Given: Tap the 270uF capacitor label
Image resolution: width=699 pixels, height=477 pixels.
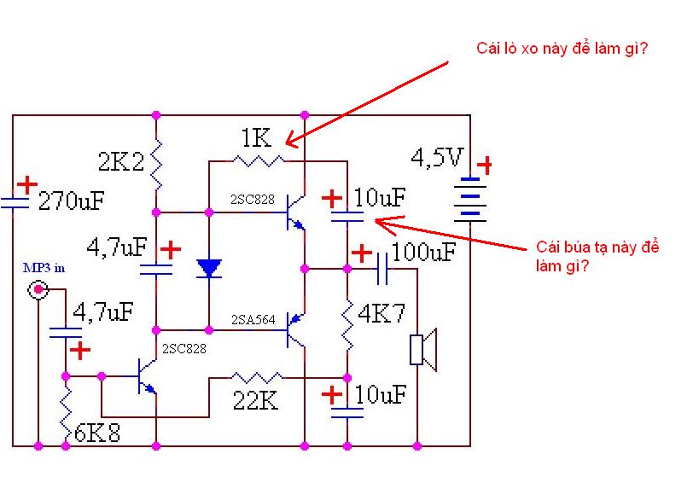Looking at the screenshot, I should point(72,201).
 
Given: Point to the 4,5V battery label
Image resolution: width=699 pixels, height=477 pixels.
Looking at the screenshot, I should point(438,158).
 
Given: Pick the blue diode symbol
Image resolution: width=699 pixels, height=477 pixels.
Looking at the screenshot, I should point(209,269).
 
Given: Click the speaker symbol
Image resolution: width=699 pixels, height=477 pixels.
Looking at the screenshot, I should point(423,350).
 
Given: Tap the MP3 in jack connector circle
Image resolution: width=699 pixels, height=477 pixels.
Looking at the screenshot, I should point(38,291).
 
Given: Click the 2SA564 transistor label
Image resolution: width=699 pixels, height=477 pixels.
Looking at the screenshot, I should point(253,319).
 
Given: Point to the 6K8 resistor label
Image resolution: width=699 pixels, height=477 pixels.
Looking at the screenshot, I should point(96,433).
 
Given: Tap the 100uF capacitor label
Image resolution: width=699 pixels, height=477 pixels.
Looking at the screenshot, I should point(423,253).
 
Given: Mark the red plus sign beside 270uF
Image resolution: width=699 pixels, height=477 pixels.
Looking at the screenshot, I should point(27,183).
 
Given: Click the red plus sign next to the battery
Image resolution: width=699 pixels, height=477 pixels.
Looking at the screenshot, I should point(484,165).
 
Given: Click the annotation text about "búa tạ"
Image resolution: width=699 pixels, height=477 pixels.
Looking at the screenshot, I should point(597,256).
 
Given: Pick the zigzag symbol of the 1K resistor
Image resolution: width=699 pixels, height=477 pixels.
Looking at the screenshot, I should point(259,160).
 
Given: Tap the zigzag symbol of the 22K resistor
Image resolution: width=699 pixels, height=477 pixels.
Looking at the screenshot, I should point(256,376).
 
